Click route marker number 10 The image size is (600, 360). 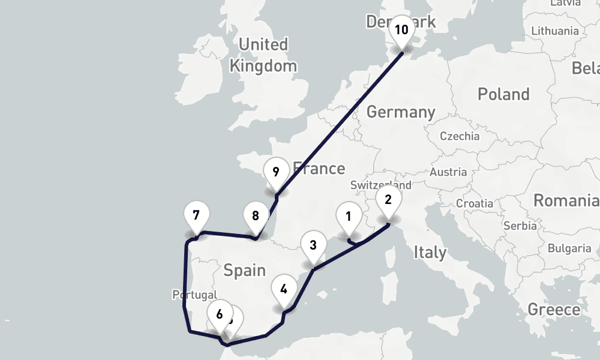click(x=401, y=30)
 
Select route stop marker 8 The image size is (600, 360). click(x=256, y=216)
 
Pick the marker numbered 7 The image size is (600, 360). click(x=196, y=215)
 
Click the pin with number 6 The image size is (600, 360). click(x=220, y=314)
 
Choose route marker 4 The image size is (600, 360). click(x=284, y=289)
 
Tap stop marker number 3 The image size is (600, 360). click(x=313, y=245)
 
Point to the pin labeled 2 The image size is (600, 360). click(x=388, y=200)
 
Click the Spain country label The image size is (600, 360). click(x=244, y=271)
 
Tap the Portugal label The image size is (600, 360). click(x=194, y=295)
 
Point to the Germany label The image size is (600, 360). click(x=401, y=112)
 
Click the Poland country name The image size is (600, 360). click(x=503, y=94)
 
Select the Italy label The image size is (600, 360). click(x=430, y=252)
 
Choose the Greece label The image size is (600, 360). click(x=554, y=310)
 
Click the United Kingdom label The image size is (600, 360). click(x=263, y=55)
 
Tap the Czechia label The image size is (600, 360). click(x=460, y=136)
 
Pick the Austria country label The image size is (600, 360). click(x=448, y=172)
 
